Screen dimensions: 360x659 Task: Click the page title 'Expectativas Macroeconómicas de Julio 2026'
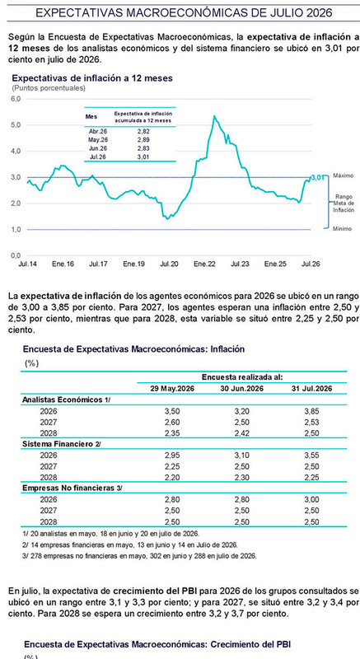(184, 13)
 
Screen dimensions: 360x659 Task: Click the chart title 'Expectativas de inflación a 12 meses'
(92, 77)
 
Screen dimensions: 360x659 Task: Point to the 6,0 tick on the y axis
(16, 99)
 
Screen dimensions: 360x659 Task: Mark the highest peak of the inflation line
(215, 115)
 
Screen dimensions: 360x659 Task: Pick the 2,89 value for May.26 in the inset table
(143, 139)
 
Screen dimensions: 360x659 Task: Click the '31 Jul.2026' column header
(311, 389)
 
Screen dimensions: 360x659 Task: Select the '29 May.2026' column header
(171, 389)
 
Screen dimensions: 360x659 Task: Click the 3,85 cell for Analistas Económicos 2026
(311, 411)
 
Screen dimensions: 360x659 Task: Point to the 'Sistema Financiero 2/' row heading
(62, 444)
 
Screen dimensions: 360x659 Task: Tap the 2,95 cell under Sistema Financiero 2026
(171, 455)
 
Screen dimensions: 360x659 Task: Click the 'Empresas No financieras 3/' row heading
(72, 488)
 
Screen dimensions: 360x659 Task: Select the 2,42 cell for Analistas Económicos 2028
(241, 433)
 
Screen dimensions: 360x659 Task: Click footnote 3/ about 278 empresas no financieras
(140, 555)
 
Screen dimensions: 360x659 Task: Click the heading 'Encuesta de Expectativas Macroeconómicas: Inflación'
(133, 348)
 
